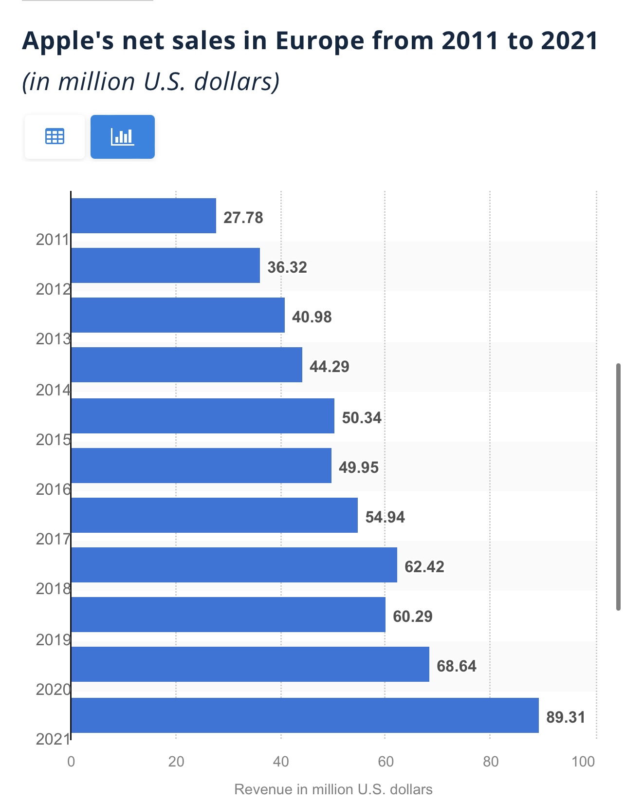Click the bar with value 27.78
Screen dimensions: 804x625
click(x=144, y=216)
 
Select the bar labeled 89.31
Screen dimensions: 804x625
click(x=305, y=715)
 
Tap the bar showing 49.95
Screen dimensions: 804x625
click(x=201, y=466)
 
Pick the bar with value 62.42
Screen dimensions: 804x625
click(x=234, y=565)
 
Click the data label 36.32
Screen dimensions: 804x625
click(x=287, y=267)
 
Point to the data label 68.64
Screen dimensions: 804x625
click(x=456, y=666)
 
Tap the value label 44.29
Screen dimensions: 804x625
click(x=329, y=366)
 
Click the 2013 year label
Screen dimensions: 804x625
click(x=53, y=339)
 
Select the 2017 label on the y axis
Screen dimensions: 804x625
click(x=53, y=539)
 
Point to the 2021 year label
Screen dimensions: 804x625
click(x=53, y=739)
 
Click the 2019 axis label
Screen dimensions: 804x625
click(x=53, y=639)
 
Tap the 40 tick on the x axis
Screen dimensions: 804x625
click(x=281, y=761)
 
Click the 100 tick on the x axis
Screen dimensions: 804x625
click(x=583, y=761)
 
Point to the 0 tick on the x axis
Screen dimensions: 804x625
click(x=71, y=761)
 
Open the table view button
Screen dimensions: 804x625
click(x=55, y=137)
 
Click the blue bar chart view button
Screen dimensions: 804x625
click(x=123, y=137)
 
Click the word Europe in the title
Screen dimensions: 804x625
click(x=320, y=40)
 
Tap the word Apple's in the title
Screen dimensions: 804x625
click(x=69, y=40)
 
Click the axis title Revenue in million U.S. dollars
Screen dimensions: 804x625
click(x=333, y=789)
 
